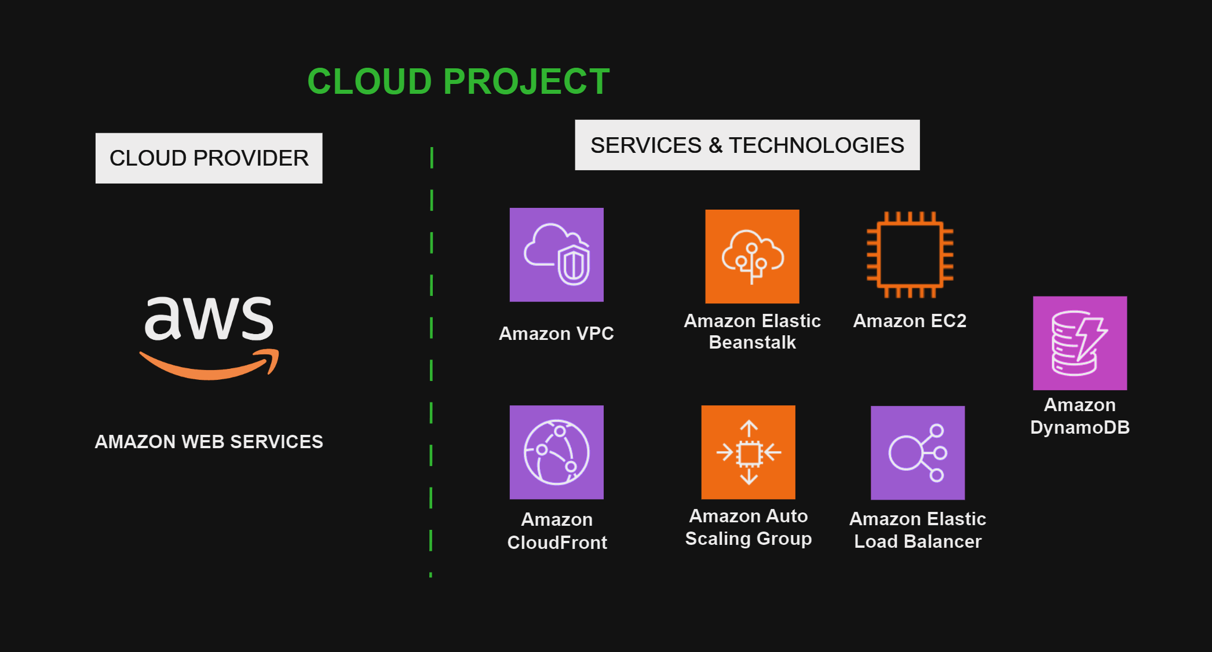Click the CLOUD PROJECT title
(458, 81)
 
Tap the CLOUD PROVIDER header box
(209, 158)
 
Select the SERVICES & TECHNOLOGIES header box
(747, 145)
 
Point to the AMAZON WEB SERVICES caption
(209, 442)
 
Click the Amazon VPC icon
(556, 255)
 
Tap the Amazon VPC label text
(556, 334)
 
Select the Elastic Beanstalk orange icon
(752, 257)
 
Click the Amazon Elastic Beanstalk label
(752, 331)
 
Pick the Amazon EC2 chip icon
(910, 255)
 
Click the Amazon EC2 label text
(910, 321)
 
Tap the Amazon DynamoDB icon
(1080, 343)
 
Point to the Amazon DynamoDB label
(1080, 416)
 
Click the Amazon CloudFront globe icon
(556, 452)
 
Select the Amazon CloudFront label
(557, 530)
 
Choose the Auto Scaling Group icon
(748, 452)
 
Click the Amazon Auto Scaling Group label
(748, 527)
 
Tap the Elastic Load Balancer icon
(918, 453)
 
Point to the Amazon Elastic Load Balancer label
(918, 530)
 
